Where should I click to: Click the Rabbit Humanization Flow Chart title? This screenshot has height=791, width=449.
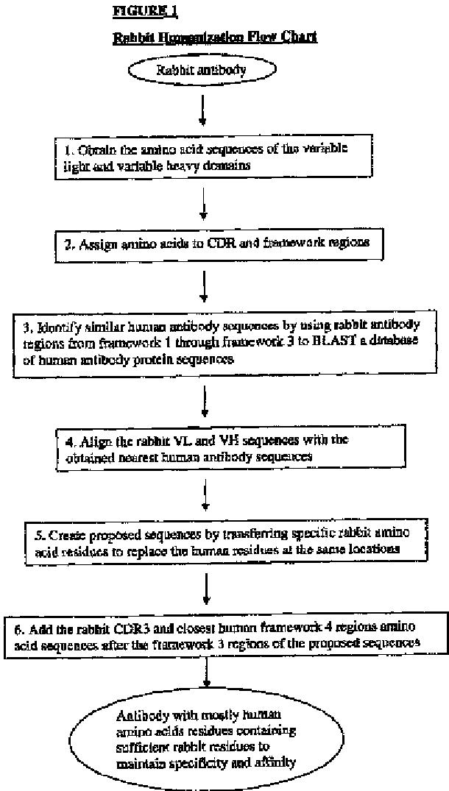[x=215, y=37]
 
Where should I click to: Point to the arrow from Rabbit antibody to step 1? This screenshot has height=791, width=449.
[x=203, y=110]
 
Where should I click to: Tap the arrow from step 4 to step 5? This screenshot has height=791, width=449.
[x=205, y=497]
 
